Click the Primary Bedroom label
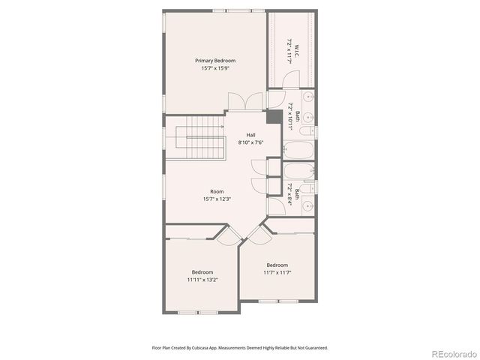point(215,60)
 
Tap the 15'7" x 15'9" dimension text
point(215,68)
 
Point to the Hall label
point(251,135)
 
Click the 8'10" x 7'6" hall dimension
point(251,142)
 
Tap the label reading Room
point(217,191)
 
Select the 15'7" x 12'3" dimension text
point(217,199)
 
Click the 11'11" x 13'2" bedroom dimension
point(202,280)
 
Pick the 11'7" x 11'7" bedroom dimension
point(277,272)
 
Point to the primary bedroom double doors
point(238,101)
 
